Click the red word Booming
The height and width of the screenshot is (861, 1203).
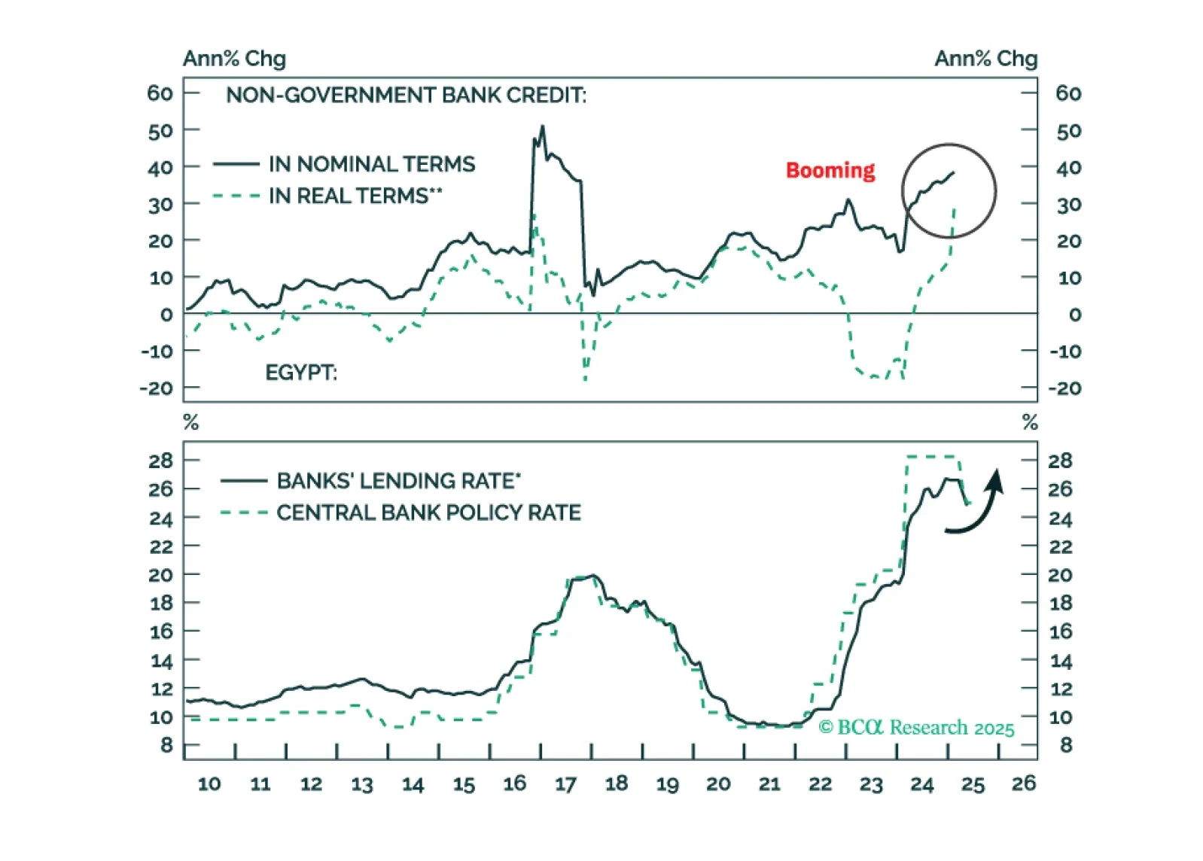pyautogui.click(x=830, y=170)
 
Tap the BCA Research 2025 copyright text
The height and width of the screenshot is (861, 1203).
pyautogui.click(x=916, y=727)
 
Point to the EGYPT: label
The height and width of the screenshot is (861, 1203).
pyautogui.click(x=301, y=373)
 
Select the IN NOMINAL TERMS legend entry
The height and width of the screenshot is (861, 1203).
pyautogui.click(x=372, y=164)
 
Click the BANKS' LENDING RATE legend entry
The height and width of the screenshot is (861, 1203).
pyautogui.click(x=398, y=480)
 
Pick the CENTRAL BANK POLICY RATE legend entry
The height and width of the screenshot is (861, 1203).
pyautogui.click(x=428, y=513)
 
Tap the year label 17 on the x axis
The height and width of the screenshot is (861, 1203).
pyautogui.click(x=565, y=784)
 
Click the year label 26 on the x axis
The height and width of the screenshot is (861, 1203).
pyautogui.click(x=1023, y=783)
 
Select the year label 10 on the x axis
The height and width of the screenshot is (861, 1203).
pyautogui.click(x=209, y=784)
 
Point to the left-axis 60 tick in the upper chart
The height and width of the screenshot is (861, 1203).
pyautogui.click(x=160, y=93)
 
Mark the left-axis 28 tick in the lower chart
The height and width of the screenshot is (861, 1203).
pyautogui.click(x=160, y=461)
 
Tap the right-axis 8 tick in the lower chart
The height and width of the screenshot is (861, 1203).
pyautogui.click(x=1066, y=745)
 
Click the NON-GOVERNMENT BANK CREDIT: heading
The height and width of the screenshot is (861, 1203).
pyautogui.click(x=406, y=96)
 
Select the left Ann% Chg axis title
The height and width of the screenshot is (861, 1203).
pyautogui.click(x=234, y=59)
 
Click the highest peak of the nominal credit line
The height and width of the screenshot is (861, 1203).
pyautogui.click(x=542, y=126)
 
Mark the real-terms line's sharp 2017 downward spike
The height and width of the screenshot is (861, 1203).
pyautogui.click(x=585, y=378)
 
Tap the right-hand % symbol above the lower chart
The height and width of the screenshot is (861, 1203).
pyautogui.click(x=1030, y=423)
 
